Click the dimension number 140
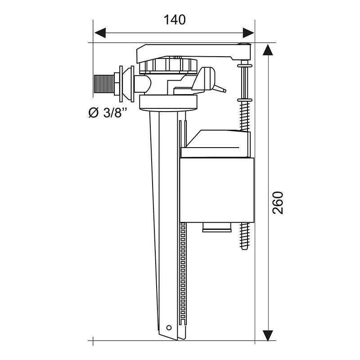[x=174, y=20]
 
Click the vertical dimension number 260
[x=279, y=202]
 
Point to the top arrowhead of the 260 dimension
[x=268, y=50]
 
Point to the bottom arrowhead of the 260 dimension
[x=268, y=334]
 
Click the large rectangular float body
[x=217, y=189]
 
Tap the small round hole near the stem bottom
[x=170, y=328]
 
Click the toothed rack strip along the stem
[x=182, y=279]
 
